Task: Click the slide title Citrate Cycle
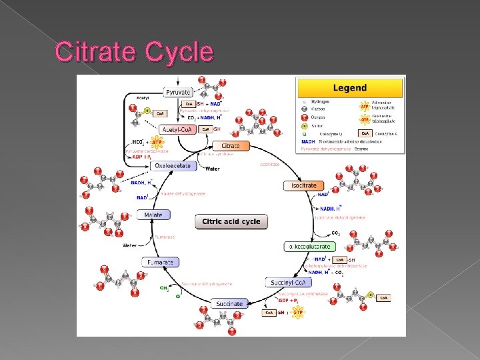(x=134, y=52)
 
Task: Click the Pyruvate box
(x=179, y=91)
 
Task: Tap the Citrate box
(x=231, y=146)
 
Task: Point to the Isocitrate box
(x=304, y=185)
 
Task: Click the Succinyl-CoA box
(x=287, y=283)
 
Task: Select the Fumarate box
(x=161, y=263)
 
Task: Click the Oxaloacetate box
(x=173, y=166)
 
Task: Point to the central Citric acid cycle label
(x=231, y=221)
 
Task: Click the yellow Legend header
(x=350, y=88)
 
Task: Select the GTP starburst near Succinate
(x=298, y=312)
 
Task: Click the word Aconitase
(x=269, y=164)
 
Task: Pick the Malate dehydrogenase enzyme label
(x=183, y=194)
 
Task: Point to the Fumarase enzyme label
(x=165, y=237)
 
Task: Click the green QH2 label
(x=164, y=288)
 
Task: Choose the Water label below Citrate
(x=212, y=169)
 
